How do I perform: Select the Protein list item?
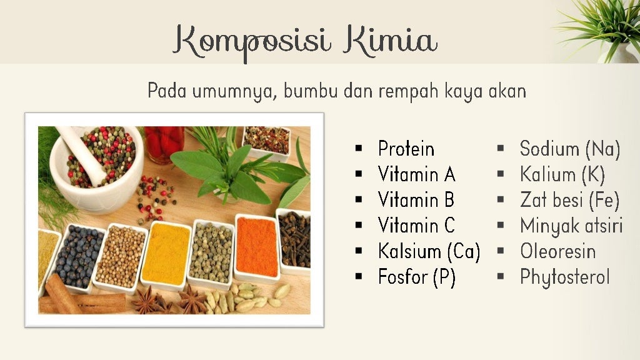pyautogui.click(x=406, y=149)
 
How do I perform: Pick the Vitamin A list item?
pyautogui.click(x=416, y=174)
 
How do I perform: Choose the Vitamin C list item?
pyautogui.click(x=416, y=225)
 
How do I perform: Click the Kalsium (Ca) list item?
pyautogui.click(x=429, y=251)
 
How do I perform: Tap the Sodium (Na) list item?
pyautogui.click(x=569, y=149)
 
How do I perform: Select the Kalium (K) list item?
pyautogui.click(x=562, y=174)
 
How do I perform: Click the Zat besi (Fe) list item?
pyautogui.click(x=569, y=200)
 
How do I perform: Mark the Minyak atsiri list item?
pyautogui.click(x=571, y=226)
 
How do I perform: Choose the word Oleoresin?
pyautogui.click(x=557, y=251)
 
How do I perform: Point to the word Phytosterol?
pyautogui.click(x=564, y=277)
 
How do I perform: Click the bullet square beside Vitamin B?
pyautogui.click(x=358, y=201)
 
